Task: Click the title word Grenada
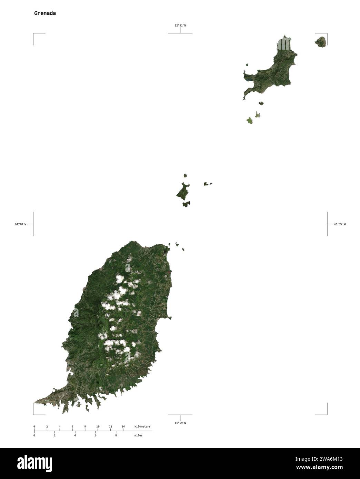(x=45, y=13)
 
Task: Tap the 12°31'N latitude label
(x=180, y=25)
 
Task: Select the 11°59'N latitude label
(x=180, y=423)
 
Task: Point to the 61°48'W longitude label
(x=20, y=224)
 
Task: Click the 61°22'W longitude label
(x=340, y=224)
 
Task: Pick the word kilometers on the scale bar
(x=142, y=427)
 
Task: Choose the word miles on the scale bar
(x=138, y=436)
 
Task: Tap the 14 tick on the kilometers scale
(x=123, y=427)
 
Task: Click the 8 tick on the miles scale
(x=116, y=436)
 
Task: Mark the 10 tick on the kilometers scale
(x=98, y=427)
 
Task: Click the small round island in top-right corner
(x=321, y=42)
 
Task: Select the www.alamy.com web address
(x=322, y=468)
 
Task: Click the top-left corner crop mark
(x=34, y=34)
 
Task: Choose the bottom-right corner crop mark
(x=327, y=414)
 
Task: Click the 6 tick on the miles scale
(x=96, y=436)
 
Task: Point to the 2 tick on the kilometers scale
(x=47, y=427)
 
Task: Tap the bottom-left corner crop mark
(x=34, y=414)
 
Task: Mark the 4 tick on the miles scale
(x=75, y=436)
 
